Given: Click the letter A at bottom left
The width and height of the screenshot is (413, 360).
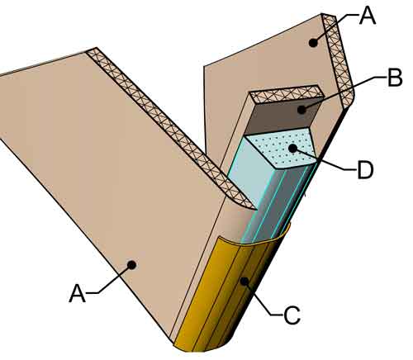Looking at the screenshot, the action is click(78, 294).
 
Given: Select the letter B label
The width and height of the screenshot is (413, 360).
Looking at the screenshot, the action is click(395, 78).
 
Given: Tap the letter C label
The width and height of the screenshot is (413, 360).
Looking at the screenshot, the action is click(292, 315).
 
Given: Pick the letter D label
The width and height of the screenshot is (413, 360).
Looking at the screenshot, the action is click(365, 170).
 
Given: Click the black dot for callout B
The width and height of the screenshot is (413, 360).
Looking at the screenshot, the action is click(301, 110).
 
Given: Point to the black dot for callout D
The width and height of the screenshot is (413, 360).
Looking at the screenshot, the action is click(292, 149).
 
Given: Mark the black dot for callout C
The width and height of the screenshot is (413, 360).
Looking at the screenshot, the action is click(244, 281).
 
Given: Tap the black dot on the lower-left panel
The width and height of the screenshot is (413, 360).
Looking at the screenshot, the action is click(132, 265).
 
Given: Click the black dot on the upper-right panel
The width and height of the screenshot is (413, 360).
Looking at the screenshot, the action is click(313, 43).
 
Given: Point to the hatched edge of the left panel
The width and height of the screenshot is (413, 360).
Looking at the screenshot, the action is click(171, 128).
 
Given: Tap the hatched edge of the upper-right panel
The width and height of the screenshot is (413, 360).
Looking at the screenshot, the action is click(338, 60).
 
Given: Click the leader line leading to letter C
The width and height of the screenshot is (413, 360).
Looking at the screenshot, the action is click(262, 299).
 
